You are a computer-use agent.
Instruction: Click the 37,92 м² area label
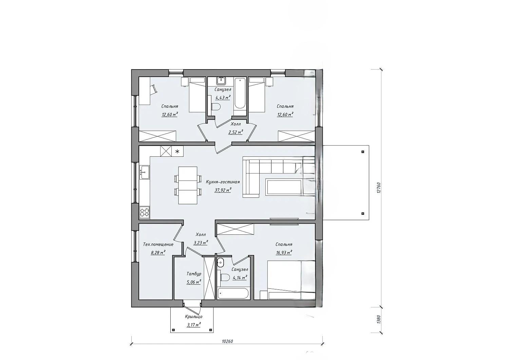223,190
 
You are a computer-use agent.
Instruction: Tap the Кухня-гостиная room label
223,182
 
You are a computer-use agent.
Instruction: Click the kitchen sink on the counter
144,172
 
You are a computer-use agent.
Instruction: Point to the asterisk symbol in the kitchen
178,151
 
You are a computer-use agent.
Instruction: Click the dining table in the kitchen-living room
188,185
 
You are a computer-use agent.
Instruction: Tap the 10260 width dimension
227,341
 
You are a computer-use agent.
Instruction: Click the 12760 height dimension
378,188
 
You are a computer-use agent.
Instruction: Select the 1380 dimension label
378,320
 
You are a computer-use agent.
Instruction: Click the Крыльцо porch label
194,316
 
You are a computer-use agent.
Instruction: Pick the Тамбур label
194,273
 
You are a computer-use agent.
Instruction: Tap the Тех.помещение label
158,244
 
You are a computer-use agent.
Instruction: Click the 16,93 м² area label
284,252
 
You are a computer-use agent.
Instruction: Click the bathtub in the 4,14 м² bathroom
233,293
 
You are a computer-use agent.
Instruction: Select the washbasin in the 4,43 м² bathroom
221,80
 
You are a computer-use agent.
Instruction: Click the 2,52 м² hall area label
235,132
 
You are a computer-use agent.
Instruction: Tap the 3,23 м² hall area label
201,243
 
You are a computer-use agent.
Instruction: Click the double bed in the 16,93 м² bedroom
291,280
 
